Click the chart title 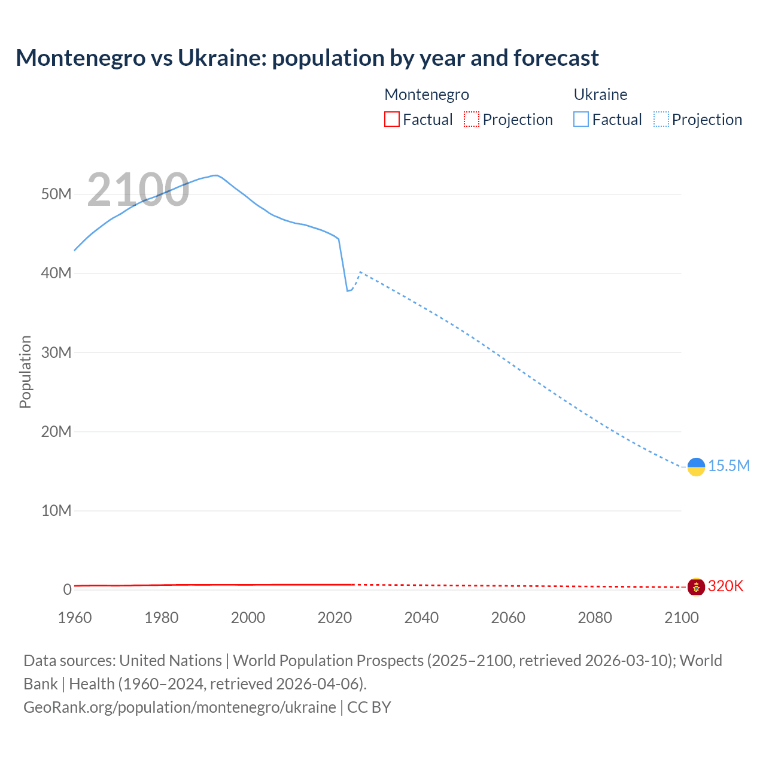[x=307, y=58]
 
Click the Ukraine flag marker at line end [x=696, y=467]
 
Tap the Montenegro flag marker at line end [x=696, y=587]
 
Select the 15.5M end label [x=729, y=466]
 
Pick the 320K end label [x=725, y=586]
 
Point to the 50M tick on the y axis [x=56, y=194]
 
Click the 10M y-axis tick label [x=56, y=511]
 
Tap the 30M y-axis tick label [x=56, y=352]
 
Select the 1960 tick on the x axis [x=75, y=618]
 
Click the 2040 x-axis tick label [x=421, y=618]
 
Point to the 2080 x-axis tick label [x=595, y=618]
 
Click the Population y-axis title [x=25, y=372]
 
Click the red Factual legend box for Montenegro [x=392, y=120]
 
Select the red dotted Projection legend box [x=472, y=120]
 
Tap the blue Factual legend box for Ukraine [x=581, y=120]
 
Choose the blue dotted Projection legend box [x=661, y=120]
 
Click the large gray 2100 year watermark [x=138, y=190]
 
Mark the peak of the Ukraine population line [x=215, y=175]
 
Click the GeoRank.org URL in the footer [x=180, y=707]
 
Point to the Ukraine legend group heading [x=600, y=95]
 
